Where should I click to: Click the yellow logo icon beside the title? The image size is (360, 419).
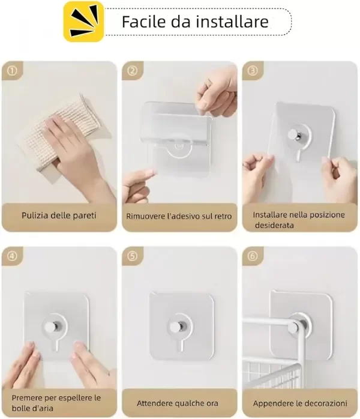click(x=83, y=22)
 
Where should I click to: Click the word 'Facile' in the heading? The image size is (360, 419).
click(x=142, y=22)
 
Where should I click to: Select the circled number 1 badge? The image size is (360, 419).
click(x=11, y=70)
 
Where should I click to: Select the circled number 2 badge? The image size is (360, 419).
click(x=132, y=70)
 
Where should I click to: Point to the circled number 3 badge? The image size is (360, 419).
click(x=253, y=70)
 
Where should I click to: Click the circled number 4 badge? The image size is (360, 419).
click(x=11, y=256)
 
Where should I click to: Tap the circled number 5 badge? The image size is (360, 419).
click(x=132, y=256)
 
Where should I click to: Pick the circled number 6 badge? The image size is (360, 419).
click(x=253, y=256)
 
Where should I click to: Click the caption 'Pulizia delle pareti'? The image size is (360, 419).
click(x=59, y=215)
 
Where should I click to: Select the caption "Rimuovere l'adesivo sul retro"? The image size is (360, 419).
click(x=178, y=216)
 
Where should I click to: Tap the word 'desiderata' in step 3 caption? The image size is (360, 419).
click(x=274, y=225)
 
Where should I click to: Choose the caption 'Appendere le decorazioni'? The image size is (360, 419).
click(x=299, y=403)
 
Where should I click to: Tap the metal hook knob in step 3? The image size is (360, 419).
click(x=292, y=135)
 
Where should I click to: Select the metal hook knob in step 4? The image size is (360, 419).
click(x=51, y=327)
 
